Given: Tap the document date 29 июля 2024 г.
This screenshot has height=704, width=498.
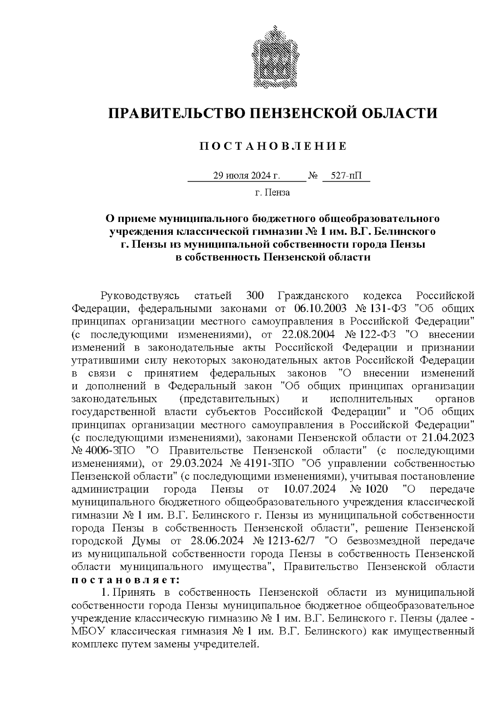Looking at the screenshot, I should point(247,176).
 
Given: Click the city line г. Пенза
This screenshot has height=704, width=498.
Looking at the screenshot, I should point(272,192).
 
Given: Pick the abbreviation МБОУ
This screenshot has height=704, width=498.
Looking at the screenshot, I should point(85,631).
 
